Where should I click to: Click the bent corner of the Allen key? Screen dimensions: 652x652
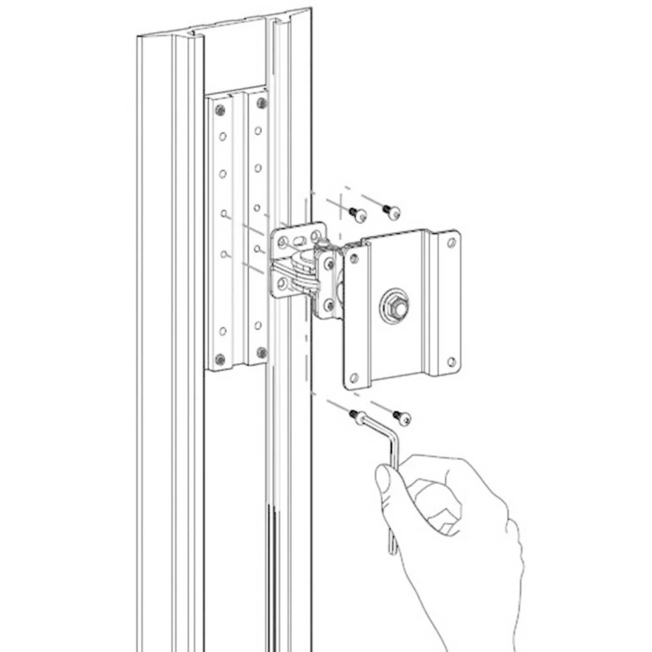pyautogui.click(x=393, y=441)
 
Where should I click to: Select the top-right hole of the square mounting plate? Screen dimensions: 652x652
pyautogui.click(x=451, y=243)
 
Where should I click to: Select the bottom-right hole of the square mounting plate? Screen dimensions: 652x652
pyautogui.click(x=451, y=361)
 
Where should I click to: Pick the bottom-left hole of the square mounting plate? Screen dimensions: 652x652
pyautogui.click(x=354, y=378)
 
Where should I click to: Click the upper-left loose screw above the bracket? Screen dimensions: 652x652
pyautogui.click(x=357, y=213)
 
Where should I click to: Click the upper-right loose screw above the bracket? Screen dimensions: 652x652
pyautogui.click(x=393, y=211)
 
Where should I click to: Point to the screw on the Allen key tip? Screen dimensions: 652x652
pyautogui.click(x=357, y=416)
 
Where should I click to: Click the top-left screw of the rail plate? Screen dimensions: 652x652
pyautogui.click(x=220, y=110)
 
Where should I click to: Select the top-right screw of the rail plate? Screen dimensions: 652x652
pyautogui.click(x=262, y=102)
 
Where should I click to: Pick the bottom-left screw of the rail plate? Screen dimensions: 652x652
pyautogui.click(x=220, y=359)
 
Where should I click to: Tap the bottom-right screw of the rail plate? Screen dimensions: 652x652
pyautogui.click(x=261, y=352)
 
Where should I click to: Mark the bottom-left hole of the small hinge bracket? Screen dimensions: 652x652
pyautogui.click(x=282, y=284)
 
